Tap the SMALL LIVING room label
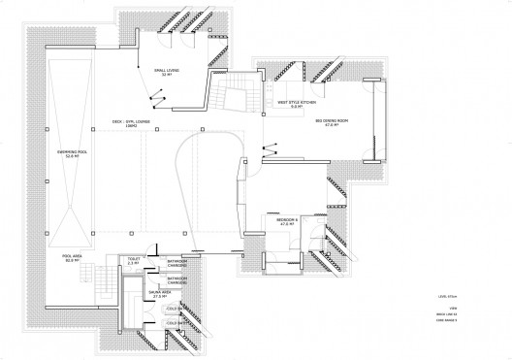[x=168, y=69]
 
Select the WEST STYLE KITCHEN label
[x=295, y=101]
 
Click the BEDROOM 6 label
[x=287, y=220]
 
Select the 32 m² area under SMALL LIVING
[x=168, y=75]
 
